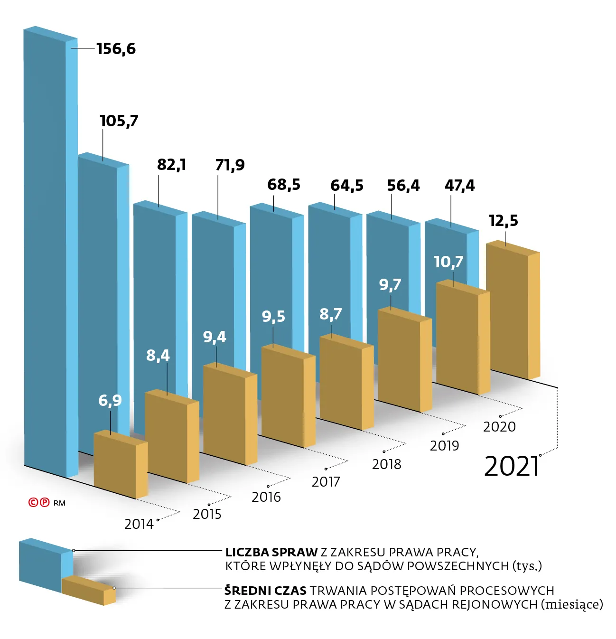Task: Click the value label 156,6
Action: [x=116, y=48]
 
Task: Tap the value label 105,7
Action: [x=119, y=121]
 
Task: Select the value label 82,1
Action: [x=171, y=165]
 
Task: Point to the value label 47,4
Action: [x=459, y=185]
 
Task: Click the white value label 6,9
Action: [x=110, y=400]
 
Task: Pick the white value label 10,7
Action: [x=448, y=262]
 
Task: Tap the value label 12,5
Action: [x=503, y=220]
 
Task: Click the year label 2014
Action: [x=139, y=524]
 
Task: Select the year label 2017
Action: [x=326, y=482]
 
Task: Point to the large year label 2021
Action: [x=512, y=466]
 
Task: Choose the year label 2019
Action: [x=444, y=445]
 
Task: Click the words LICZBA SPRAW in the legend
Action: [x=271, y=552]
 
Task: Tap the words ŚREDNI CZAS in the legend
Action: [x=265, y=591]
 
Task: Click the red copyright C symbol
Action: [x=33, y=502]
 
